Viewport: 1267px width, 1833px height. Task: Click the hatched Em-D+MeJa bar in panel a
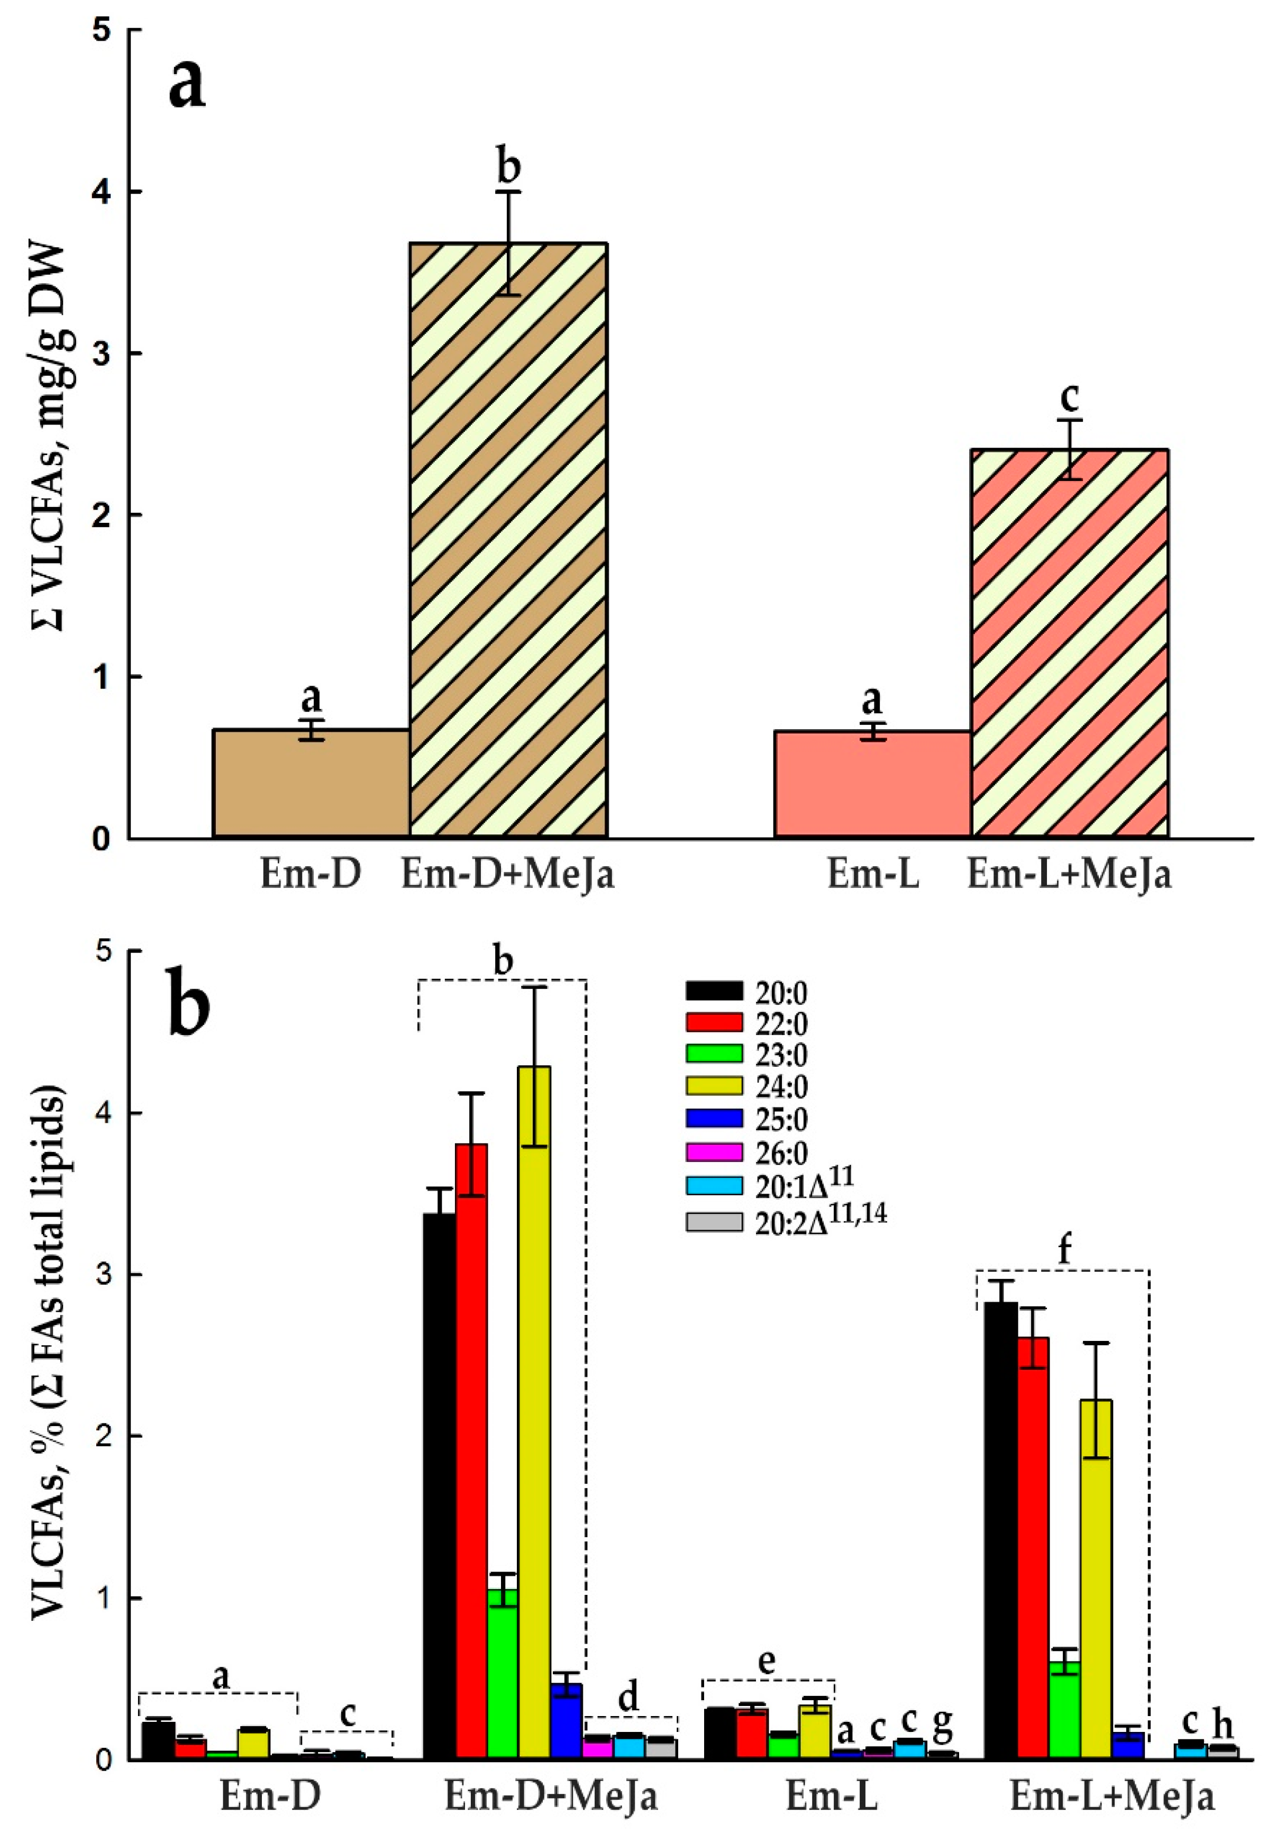click(x=508, y=540)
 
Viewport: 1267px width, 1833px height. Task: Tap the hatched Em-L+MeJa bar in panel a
click(x=1069, y=643)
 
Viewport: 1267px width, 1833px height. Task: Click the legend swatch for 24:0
click(x=714, y=1086)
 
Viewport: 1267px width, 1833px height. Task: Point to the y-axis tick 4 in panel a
click(x=103, y=192)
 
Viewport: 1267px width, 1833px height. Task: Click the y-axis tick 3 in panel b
click(x=103, y=1274)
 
